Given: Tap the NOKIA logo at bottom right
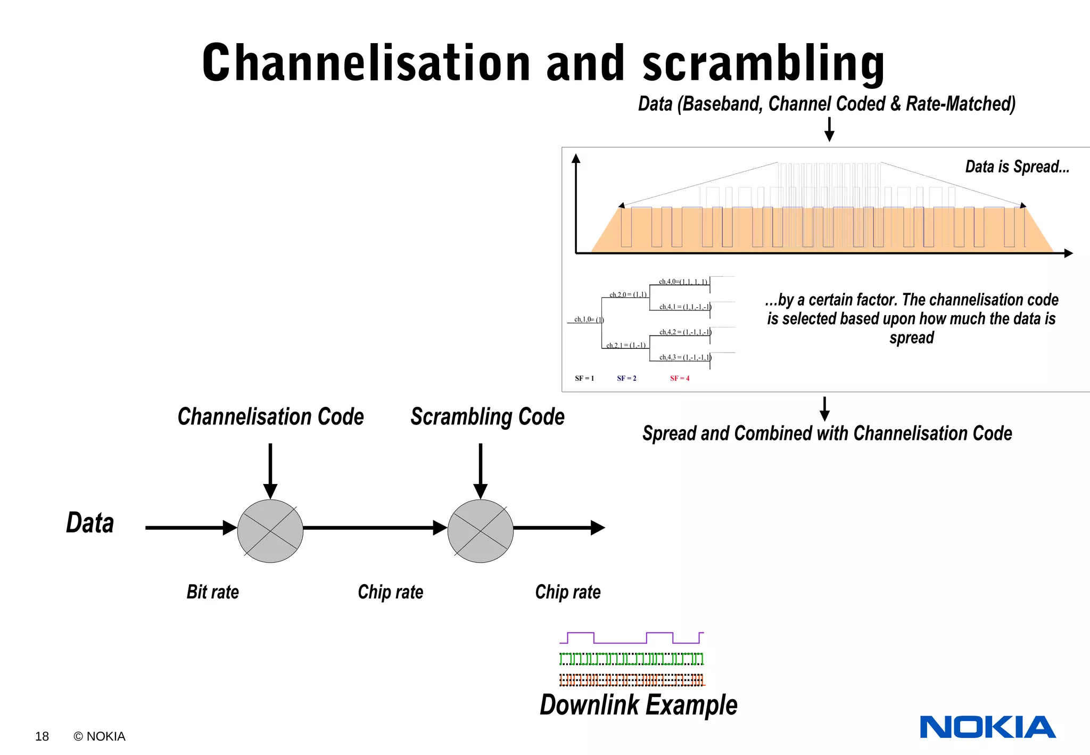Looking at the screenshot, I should pos(987,727).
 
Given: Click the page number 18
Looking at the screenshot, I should pos(42,736).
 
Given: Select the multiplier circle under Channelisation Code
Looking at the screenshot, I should pos(270,531).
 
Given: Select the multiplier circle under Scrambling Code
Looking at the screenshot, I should pos(481,531).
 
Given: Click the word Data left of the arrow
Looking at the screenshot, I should pos(90,523).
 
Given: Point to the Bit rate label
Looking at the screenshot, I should pos(212,592).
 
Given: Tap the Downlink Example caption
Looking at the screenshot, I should pos(638,705).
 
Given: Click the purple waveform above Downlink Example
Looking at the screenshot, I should pos(632,638).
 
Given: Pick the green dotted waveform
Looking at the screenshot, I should pos(632,659).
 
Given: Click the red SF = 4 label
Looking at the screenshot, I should pos(680,379).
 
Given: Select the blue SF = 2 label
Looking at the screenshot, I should pos(626,379).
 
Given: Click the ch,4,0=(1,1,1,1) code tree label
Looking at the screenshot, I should pos(683,282).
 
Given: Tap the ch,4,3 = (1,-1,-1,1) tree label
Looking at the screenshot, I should pos(685,357).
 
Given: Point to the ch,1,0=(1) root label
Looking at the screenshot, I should pos(589,319).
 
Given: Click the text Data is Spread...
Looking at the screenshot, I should pos(1017,167).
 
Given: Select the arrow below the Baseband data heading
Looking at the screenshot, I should pos(829,129).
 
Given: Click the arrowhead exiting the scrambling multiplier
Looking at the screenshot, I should pos(598,528).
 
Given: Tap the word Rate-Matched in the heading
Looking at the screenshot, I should pos(961,104).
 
